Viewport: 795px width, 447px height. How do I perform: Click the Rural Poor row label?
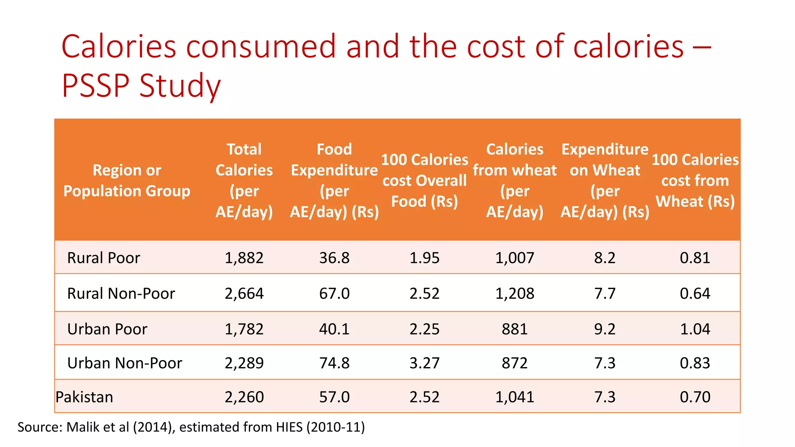pos(103,258)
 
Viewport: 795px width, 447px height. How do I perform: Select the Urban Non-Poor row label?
pos(124,363)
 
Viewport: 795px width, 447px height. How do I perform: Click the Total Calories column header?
pos(244,180)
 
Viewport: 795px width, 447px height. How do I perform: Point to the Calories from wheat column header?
pos(514,180)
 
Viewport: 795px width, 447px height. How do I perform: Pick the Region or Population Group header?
pos(127,180)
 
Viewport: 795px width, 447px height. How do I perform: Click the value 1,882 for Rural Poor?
pos(244,258)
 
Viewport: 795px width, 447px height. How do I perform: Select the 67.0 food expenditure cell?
pos(334,294)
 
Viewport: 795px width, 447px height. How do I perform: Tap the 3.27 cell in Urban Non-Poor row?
pos(424,363)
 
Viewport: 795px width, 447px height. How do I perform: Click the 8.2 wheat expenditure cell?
pos(604,258)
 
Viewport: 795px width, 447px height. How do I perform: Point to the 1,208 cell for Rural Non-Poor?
pos(514,294)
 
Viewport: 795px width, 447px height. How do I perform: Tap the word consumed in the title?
pos(260,47)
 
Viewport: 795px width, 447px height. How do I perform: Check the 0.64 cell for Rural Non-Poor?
pos(695,294)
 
